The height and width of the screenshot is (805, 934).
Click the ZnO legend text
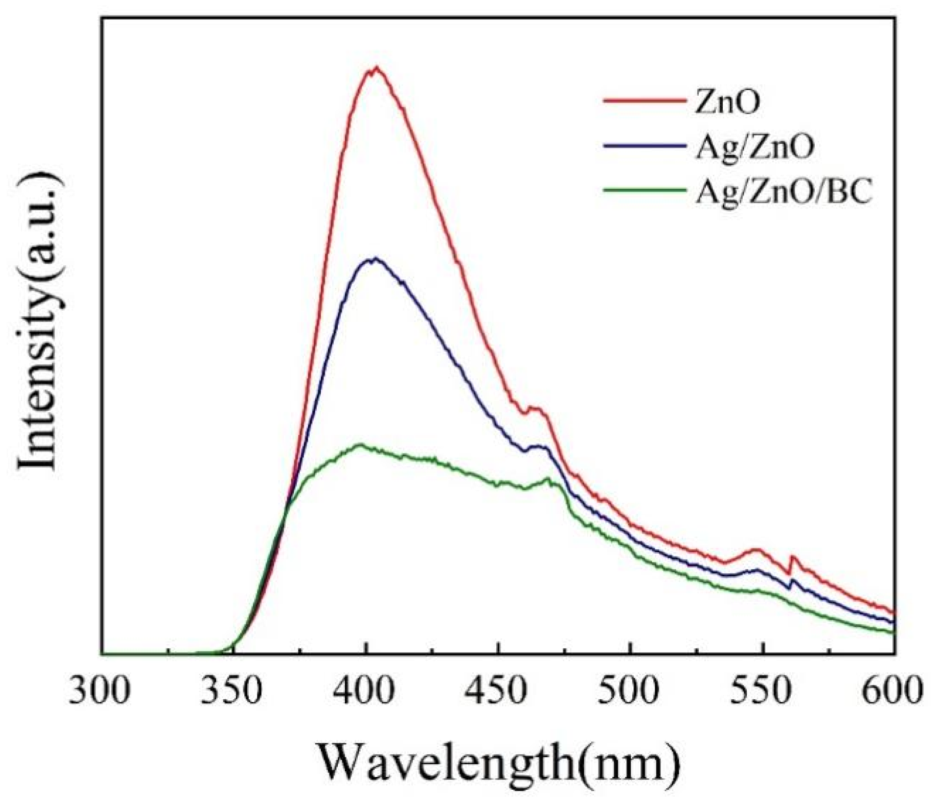[727, 102]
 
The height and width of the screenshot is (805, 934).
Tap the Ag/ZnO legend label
[754, 147]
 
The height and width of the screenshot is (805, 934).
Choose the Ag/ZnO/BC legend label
[784, 192]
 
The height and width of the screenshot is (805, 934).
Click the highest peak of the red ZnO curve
[376, 68]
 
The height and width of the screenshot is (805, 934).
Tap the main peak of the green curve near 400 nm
[360, 445]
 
